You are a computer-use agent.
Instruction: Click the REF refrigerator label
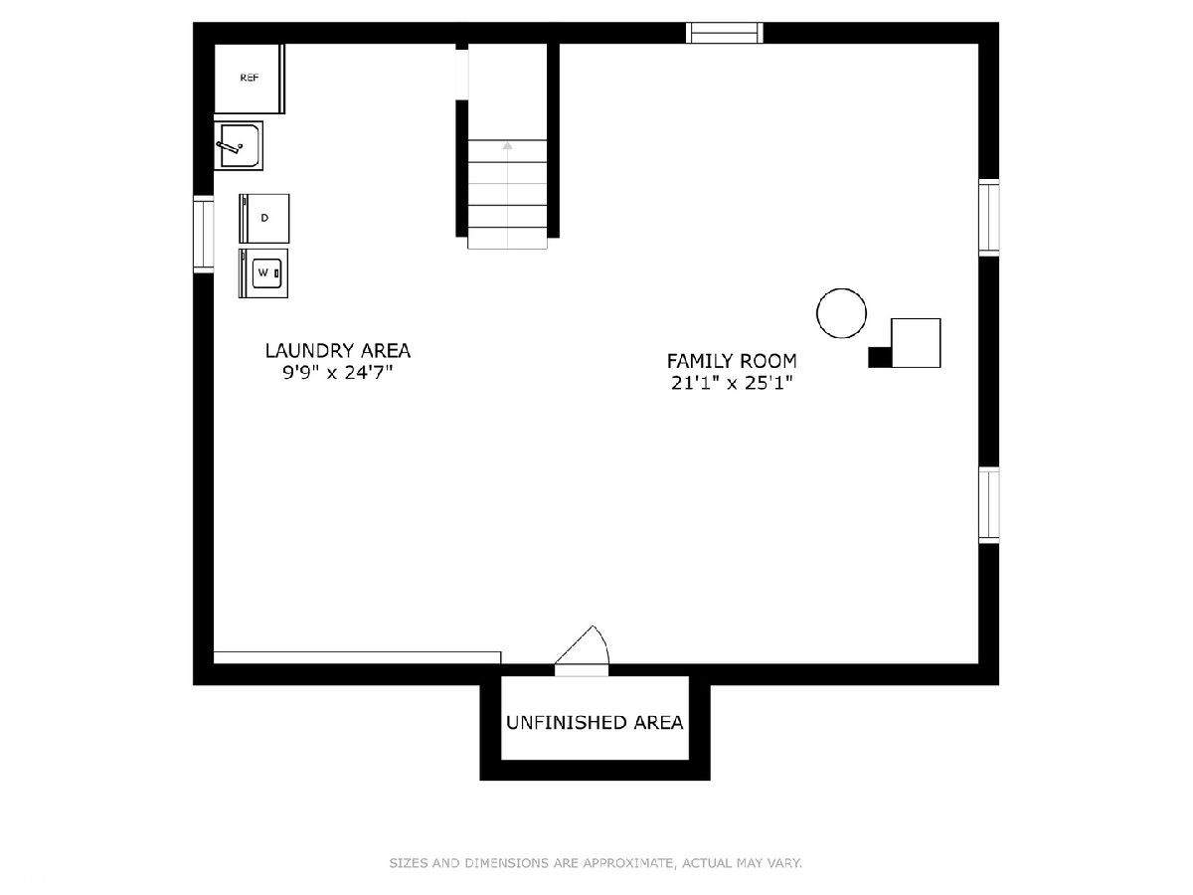(249, 78)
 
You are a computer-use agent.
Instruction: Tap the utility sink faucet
(230, 146)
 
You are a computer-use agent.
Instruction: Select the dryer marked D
(264, 219)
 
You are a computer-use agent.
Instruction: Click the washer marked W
(263, 273)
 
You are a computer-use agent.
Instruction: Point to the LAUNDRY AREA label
(337, 350)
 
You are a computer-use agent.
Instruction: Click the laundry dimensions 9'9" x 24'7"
(337, 373)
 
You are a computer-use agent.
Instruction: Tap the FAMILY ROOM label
(732, 361)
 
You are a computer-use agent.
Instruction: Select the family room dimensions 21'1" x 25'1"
(732, 383)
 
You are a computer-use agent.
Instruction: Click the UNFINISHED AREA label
(595, 723)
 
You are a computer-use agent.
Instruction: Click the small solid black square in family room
(880, 357)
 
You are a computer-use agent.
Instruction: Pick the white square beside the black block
(916, 343)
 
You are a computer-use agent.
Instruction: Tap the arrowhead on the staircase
(507, 145)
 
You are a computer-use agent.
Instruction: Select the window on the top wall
(724, 33)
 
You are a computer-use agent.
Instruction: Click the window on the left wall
(203, 235)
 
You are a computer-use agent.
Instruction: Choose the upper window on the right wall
(988, 218)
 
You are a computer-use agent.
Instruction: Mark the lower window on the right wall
(988, 505)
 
